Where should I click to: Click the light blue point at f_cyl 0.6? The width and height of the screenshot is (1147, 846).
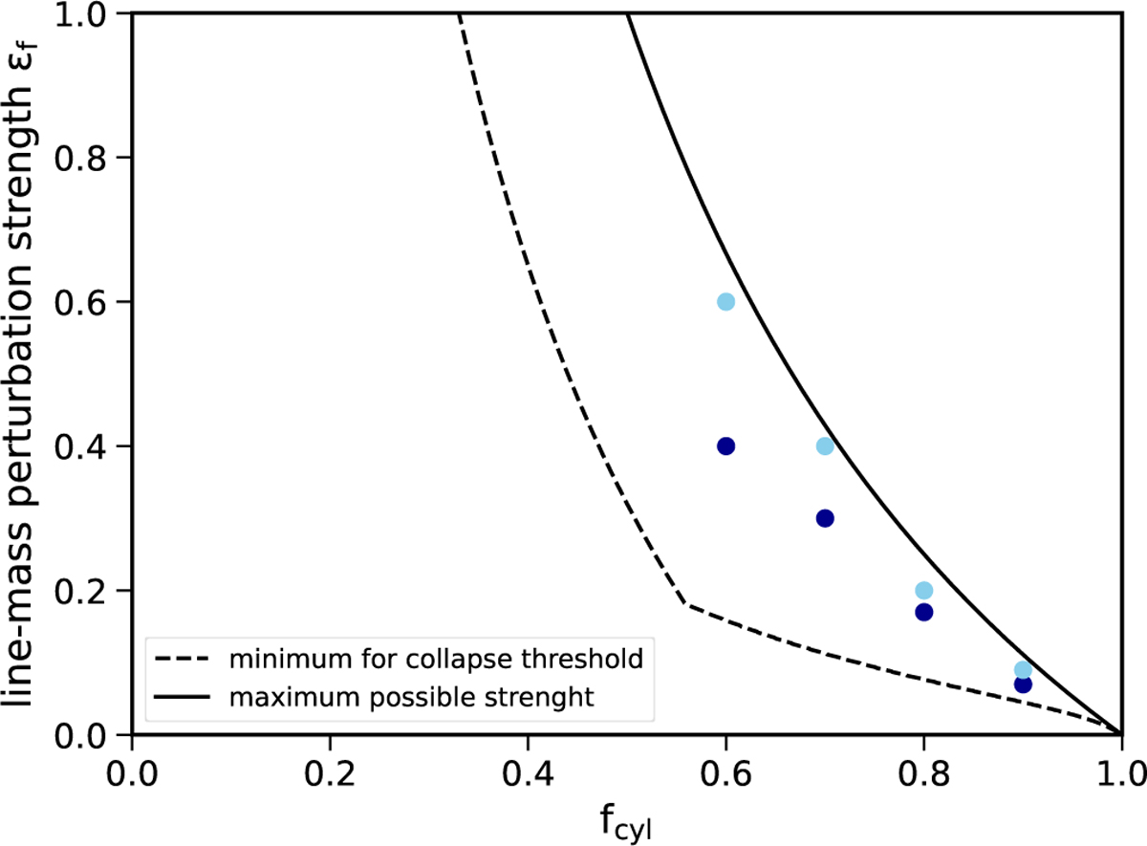725,302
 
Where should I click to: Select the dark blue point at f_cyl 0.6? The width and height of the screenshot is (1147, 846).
725,446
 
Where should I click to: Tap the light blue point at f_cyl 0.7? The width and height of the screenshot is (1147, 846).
825,446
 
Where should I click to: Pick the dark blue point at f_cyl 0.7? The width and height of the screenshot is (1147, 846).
825,518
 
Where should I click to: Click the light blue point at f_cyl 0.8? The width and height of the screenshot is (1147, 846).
923,591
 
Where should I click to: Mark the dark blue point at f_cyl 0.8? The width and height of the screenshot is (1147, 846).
923,612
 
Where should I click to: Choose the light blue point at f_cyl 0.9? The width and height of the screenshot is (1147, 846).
1023,670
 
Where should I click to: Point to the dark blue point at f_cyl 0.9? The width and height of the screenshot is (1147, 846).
1023,684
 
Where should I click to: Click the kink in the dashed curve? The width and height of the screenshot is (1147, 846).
685,604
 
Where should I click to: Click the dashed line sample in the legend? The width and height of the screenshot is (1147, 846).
178,660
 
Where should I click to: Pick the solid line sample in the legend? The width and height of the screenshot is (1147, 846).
178,697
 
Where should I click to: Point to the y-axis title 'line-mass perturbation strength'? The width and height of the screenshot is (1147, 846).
29,373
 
